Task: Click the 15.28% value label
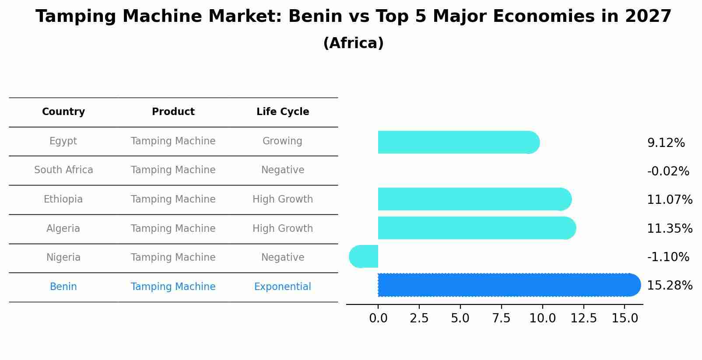click(670, 286)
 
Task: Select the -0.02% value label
click(668, 171)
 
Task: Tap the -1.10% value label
click(668, 257)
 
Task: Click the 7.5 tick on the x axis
click(501, 318)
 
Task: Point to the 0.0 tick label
click(378, 318)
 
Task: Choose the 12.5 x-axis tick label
click(583, 318)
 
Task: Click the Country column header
click(63, 112)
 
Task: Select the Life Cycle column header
click(283, 112)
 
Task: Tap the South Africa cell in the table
click(63, 170)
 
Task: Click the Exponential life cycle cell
click(283, 287)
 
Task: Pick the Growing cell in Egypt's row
click(282, 141)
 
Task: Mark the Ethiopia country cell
click(63, 199)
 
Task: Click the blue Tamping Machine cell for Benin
click(173, 287)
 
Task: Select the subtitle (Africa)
click(353, 43)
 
